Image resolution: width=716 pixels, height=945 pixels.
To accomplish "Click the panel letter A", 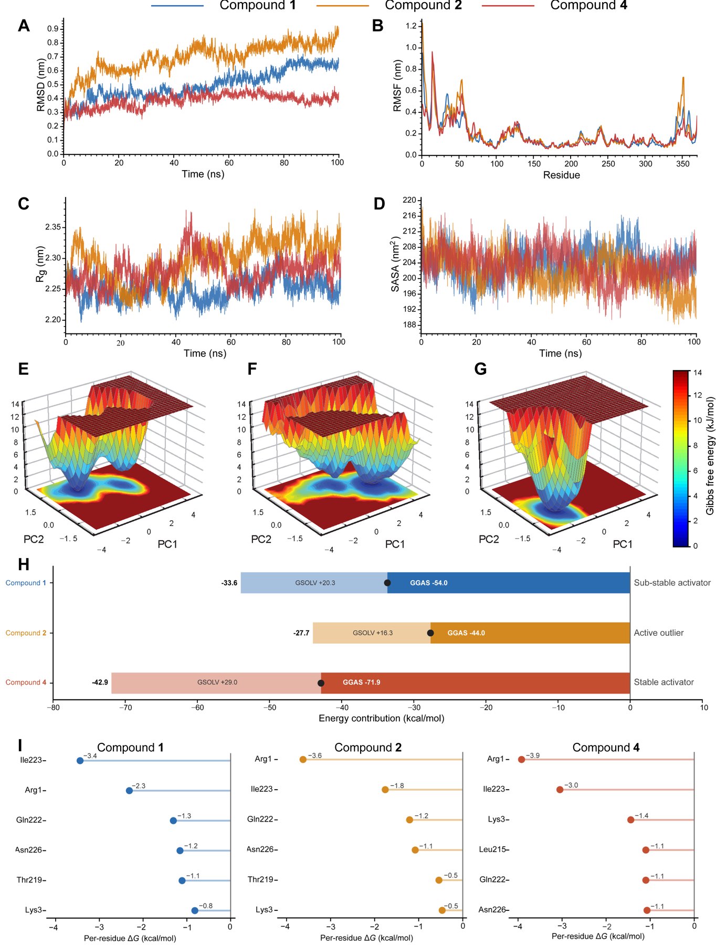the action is pyautogui.click(x=24, y=26).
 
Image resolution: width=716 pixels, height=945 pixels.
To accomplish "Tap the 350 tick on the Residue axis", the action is pyautogui.click(x=682, y=164).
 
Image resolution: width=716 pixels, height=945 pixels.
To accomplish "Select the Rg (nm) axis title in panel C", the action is pyautogui.click(x=41, y=264).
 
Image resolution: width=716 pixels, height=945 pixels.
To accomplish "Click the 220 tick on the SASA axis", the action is pyautogui.click(x=409, y=200).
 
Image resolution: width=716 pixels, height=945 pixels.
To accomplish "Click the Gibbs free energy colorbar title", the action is pyautogui.click(x=710, y=456).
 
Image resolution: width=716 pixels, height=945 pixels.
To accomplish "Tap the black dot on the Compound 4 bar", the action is pyautogui.click(x=321, y=683).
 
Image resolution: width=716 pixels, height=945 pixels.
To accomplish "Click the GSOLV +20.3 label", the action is pyautogui.click(x=315, y=583).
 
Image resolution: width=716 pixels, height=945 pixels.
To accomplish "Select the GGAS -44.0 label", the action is pyautogui.click(x=466, y=633).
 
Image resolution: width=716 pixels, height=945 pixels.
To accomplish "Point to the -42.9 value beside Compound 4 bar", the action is pyautogui.click(x=100, y=682).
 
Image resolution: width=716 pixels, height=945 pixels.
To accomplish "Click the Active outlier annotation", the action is pyautogui.click(x=659, y=633).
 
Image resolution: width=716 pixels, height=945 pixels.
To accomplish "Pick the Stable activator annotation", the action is pyautogui.click(x=664, y=682).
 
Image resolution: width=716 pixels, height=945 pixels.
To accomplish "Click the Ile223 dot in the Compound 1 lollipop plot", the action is pyautogui.click(x=80, y=760).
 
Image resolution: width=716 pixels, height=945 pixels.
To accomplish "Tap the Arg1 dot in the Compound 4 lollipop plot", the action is pyautogui.click(x=521, y=759).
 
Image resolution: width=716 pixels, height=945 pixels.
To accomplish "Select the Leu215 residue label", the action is pyautogui.click(x=492, y=849).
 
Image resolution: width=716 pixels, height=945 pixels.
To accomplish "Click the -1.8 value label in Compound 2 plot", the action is pyautogui.click(x=397, y=786).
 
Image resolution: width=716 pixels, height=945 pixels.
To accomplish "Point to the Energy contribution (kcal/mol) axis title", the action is pyautogui.click(x=382, y=718).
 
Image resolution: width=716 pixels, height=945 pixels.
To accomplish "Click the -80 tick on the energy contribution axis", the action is pyautogui.click(x=53, y=707).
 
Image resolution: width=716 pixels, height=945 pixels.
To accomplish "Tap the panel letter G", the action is pyautogui.click(x=480, y=369).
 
